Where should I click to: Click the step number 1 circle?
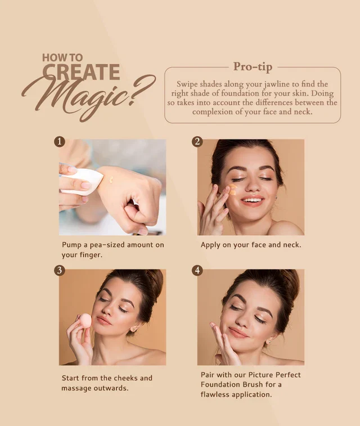click(60, 141)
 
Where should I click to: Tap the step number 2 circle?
click(197, 141)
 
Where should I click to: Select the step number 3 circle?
click(60, 271)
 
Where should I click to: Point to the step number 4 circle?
click(197, 271)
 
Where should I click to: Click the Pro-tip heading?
click(253, 67)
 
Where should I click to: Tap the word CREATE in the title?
click(82, 73)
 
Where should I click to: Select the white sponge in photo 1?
click(84, 180)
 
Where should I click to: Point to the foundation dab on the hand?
click(111, 180)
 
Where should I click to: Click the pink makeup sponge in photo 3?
click(85, 320)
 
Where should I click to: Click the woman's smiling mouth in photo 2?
click(253, 200)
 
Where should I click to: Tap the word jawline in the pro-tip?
click(286, 84)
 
